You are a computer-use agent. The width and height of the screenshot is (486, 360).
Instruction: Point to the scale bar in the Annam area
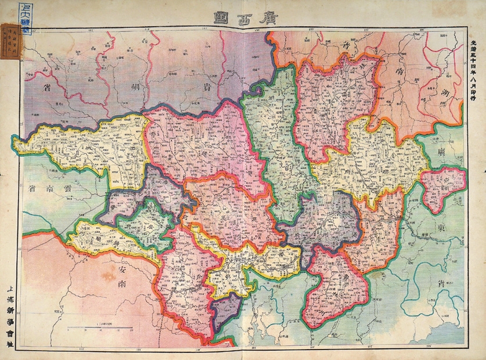[101, 328]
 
